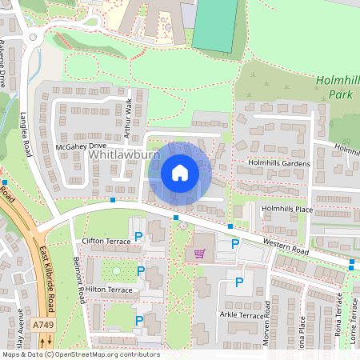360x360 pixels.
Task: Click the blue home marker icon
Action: pos(180,173)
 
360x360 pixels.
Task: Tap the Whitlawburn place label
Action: pos(125,153)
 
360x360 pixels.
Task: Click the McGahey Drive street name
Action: pos(81,146)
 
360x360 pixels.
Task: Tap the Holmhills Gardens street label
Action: pos(279,164)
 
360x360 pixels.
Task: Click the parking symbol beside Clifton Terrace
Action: pos(139,236)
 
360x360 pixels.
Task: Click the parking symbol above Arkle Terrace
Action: pos(238,282)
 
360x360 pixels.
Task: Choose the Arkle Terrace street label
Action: pos(240,315)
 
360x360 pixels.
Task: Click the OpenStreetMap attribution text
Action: pos(80,354)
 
